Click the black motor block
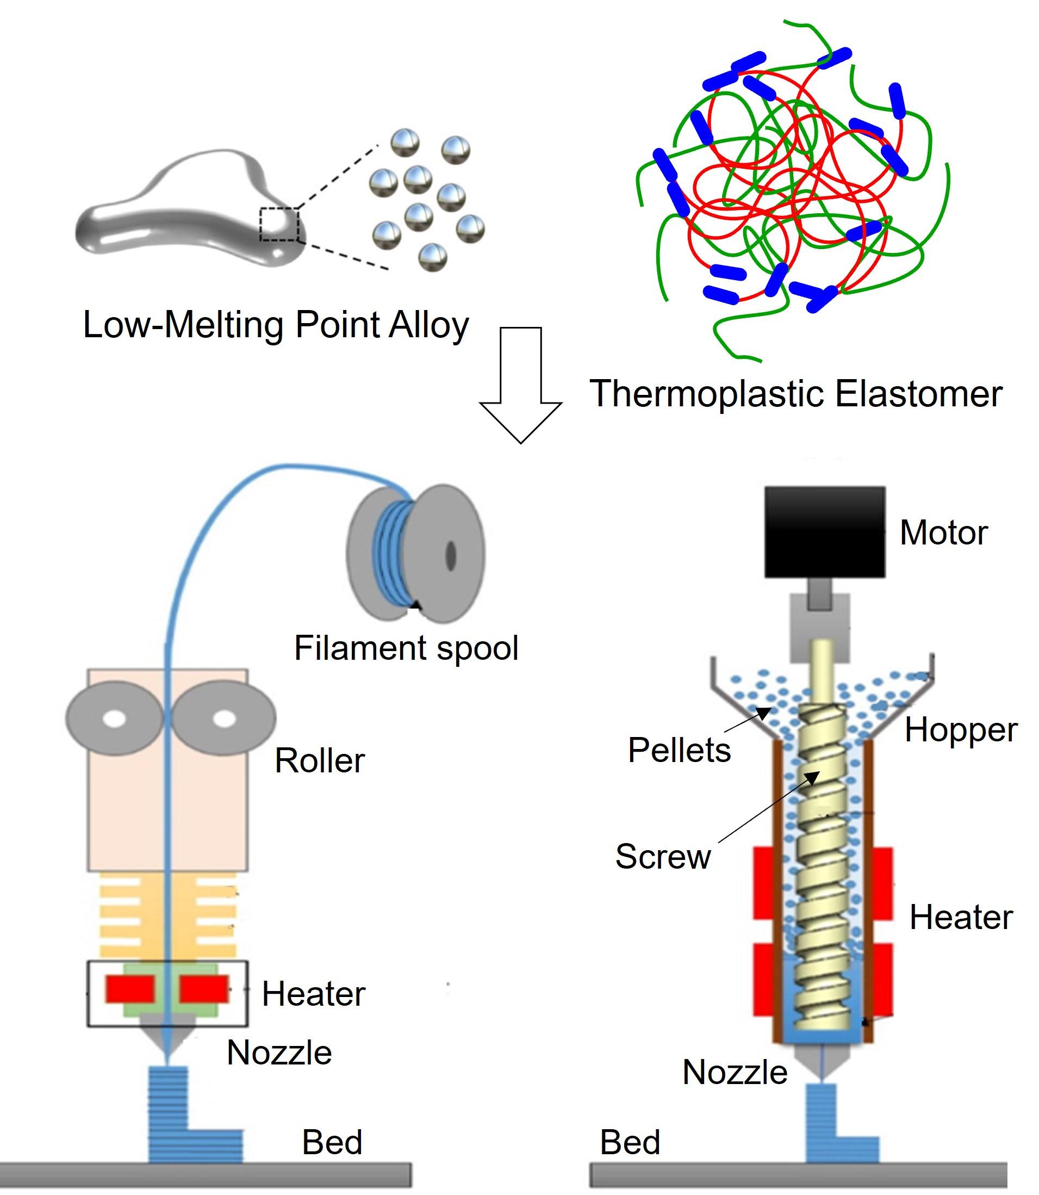point(824,531)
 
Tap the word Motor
point(943,533)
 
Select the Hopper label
point(961,730)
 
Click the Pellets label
point(679,750)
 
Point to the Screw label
point(663,856)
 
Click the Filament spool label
point(406,647)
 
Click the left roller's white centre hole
point(115,719)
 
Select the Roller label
point(320,760)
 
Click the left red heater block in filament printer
point(130,988)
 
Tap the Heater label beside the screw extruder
point(961,917)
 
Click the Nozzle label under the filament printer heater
point(279,1052)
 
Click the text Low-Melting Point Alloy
point(276,325)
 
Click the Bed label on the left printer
point(332,1142)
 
